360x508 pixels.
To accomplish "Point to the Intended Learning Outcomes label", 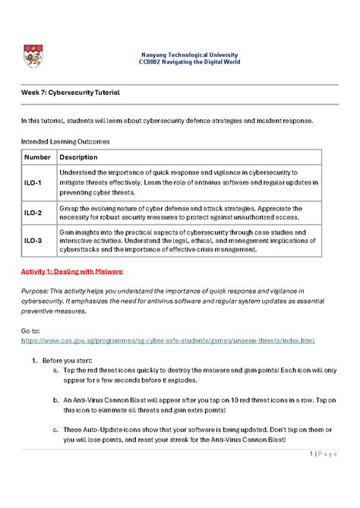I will click(x=65, y=141).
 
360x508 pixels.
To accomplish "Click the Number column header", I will click(x=37, y=157).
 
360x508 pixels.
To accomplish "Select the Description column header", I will click(x=79, y=157).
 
